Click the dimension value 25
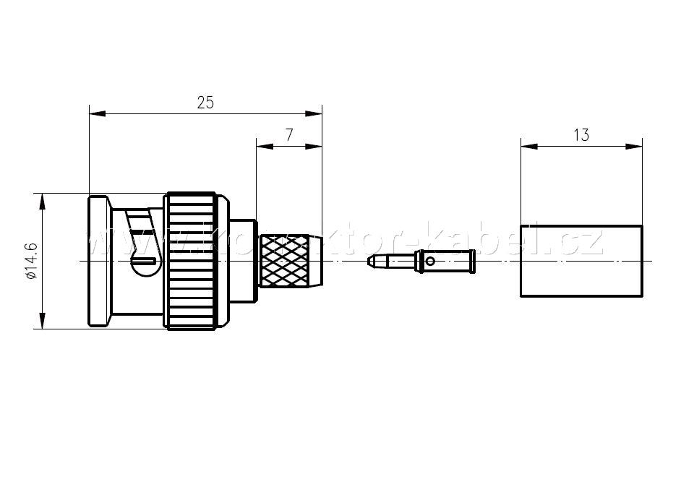click(205, 103)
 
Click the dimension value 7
click(289, 134)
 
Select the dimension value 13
click(581, 134)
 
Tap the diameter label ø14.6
click(31, 262)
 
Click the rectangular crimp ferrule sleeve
click(581, 260)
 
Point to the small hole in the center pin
click(430, 261)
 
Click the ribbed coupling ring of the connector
click(191, 261)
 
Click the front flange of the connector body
click(98, 261)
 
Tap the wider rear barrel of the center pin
click(445, 261)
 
